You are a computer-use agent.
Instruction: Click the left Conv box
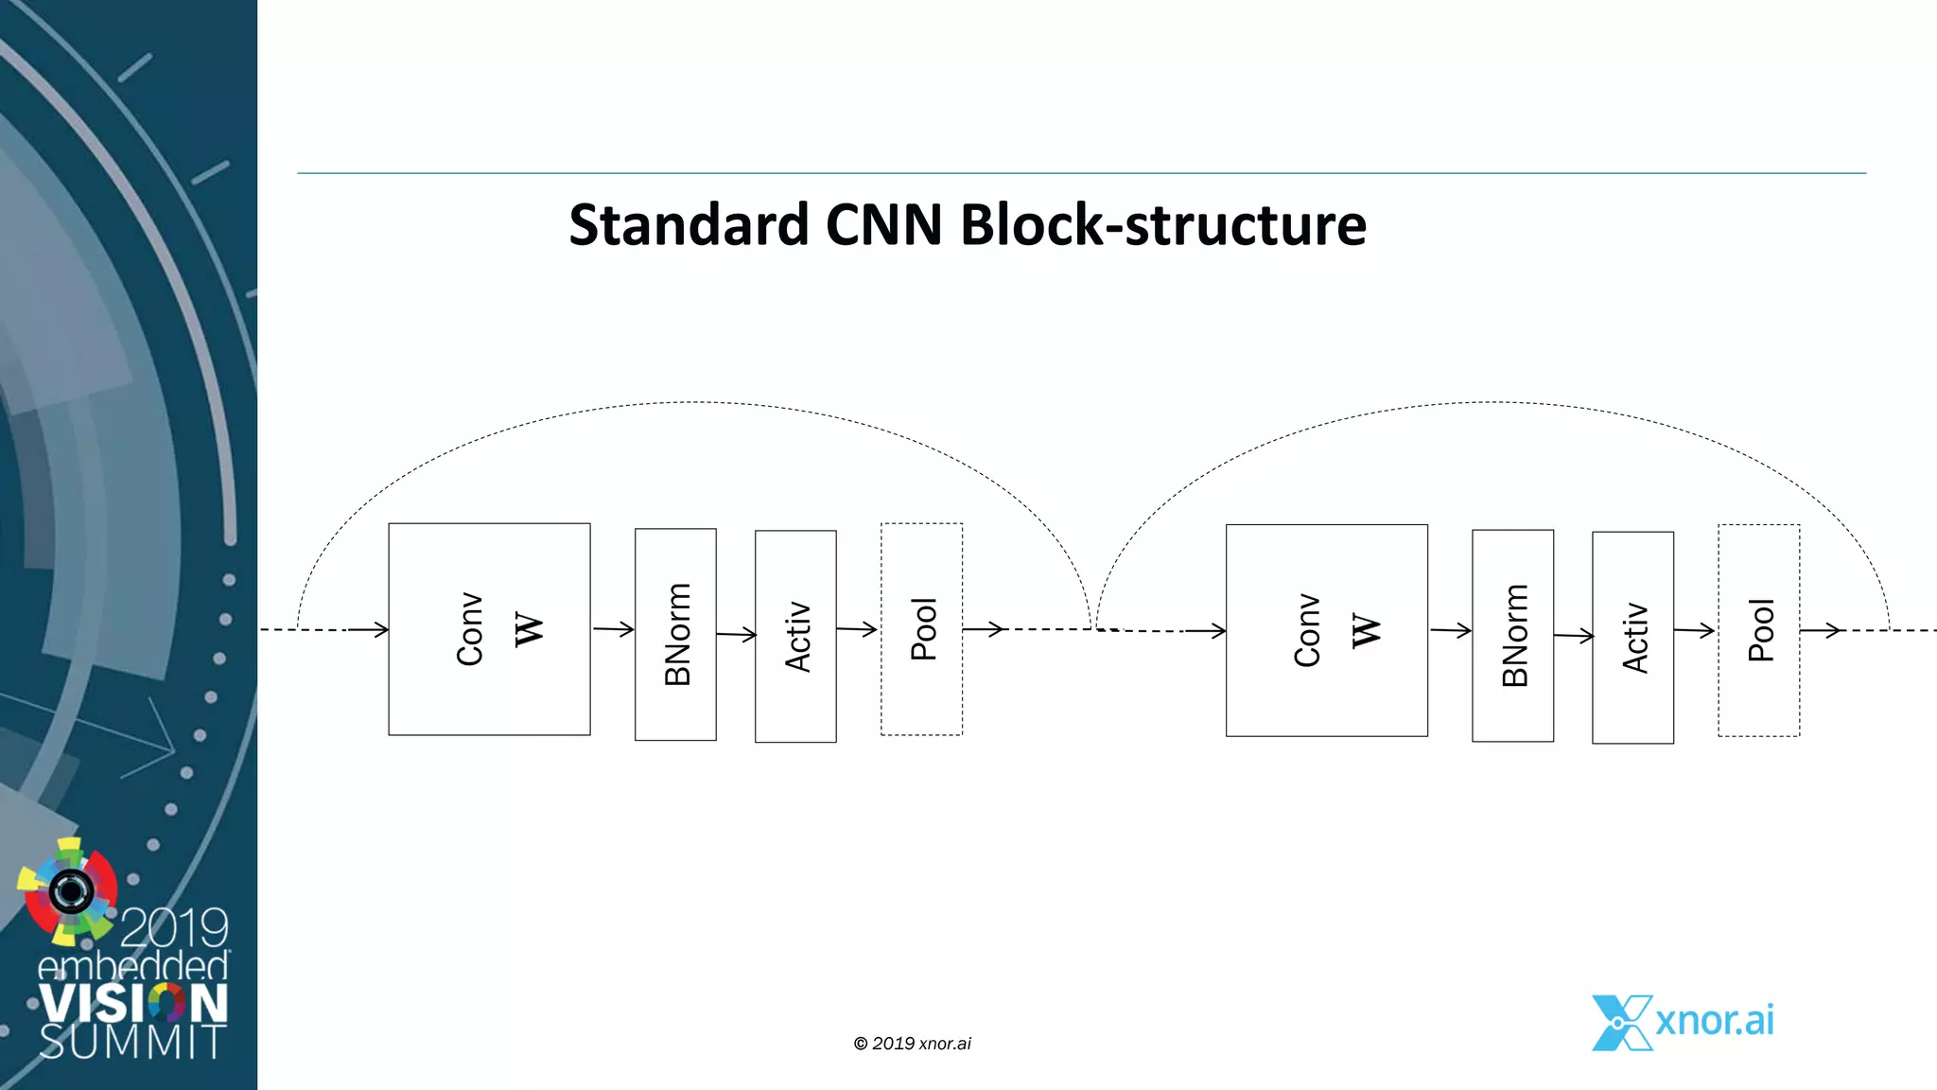tap(489, 629)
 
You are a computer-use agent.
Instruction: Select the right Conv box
tap(1326, 630)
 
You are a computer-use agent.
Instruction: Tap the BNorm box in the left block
tap(675, 634)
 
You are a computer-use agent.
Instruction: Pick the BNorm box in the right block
tap(1512, 635)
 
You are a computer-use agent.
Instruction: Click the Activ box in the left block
tap(795, 636)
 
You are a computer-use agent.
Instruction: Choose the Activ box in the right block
tap(1632, 637)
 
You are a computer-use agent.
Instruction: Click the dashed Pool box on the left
tap(921, 629)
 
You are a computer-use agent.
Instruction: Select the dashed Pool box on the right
tap(1758, 630)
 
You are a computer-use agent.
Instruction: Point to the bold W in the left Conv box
tap(529, 629)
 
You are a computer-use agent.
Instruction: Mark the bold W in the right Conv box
tap(1366, 630)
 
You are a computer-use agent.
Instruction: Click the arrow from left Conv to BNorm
tap(613, 628)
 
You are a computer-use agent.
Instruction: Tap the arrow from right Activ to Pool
tap(1695, 630)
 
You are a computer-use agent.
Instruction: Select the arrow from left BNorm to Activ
tap(736, 634)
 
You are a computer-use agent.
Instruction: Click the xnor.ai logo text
tap(1714, 1020)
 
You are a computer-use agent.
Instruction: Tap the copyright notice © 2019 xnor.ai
tap(912, 1044)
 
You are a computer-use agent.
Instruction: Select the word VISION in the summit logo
tap(133, 1003)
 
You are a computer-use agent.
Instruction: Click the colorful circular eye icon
tap(68, 890)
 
